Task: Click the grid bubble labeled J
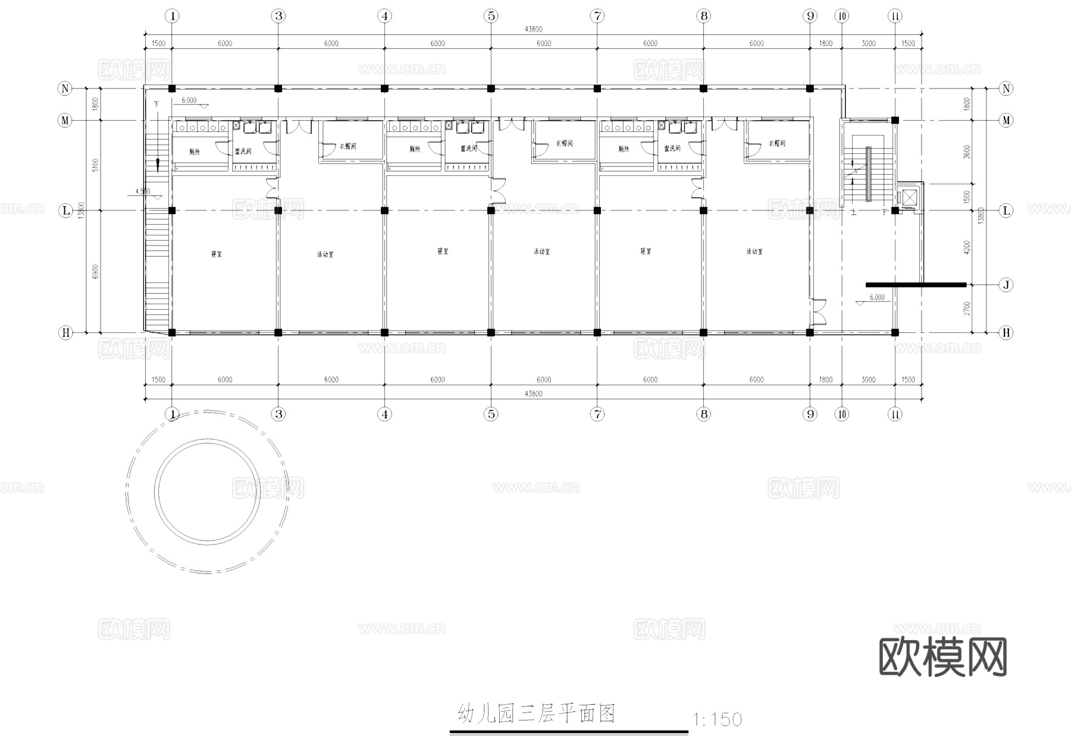(x=1006, y=285)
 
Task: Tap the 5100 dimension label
(x=96, y=165)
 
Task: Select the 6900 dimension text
(x=96, y=272)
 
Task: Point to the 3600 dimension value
(x=967, y=152)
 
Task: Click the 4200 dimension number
(x=967, y=247)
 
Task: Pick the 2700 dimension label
(x=967, y=309)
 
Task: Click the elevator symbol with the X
(x=908, y=197)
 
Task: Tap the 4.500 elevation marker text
(x=143, y=191)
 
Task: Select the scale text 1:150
(x=718, y=720)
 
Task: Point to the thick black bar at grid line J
(x=916, y=285)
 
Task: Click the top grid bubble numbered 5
(x=491, y=16)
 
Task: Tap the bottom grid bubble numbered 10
(x=842, y=414)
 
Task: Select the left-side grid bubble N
(x=65, y=89)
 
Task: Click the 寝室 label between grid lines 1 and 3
(x=217, y=254)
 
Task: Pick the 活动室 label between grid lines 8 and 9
(x=754, y=252)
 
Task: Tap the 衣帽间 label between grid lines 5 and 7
(x=564, y=144)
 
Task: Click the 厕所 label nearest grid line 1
(x=195, y=152)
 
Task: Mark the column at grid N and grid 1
(x=172, y=89)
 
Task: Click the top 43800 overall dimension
(x=533, y=29)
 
